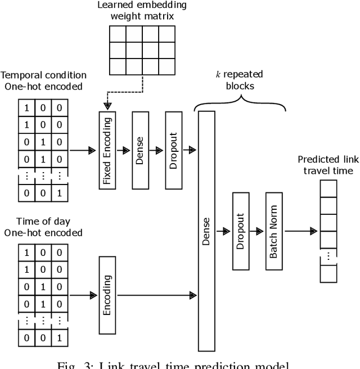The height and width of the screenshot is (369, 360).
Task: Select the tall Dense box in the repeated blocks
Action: click(207, 231)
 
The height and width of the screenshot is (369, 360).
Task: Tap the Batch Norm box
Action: click(273, 231)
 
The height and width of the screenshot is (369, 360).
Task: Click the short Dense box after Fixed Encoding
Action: click(140, 150)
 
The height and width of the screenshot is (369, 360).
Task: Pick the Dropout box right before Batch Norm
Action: click(240, 231)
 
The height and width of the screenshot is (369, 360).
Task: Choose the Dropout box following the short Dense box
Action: click(174, 150)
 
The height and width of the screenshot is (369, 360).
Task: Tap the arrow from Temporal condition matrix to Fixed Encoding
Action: click(82, 150)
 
